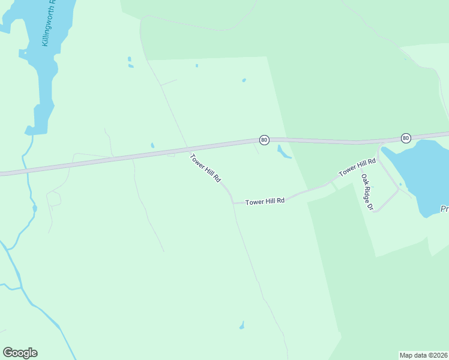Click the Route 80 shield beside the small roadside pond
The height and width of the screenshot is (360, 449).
[264, 140]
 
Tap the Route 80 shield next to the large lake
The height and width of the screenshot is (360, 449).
[406, 138]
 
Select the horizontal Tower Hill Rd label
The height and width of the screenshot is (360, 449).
[264, 202]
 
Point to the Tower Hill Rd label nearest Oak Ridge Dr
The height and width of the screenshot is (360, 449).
[357, 167]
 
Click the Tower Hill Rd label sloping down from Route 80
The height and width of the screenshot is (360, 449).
[206, 168]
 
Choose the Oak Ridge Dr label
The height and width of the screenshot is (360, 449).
[367, 192]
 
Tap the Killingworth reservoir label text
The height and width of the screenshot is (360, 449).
[49, 24]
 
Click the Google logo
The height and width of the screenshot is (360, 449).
[20, 353]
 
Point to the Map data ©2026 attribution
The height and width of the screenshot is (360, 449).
[423, 355]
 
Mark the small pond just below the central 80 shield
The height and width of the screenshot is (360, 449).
[284, 152]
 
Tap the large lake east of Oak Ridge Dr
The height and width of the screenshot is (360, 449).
[420, 174]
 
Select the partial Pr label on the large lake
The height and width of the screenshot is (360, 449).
[444, 209]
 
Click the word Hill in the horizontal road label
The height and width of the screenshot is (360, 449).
[264, 202]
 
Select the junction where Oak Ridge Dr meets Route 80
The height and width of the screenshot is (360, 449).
[379, 144]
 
